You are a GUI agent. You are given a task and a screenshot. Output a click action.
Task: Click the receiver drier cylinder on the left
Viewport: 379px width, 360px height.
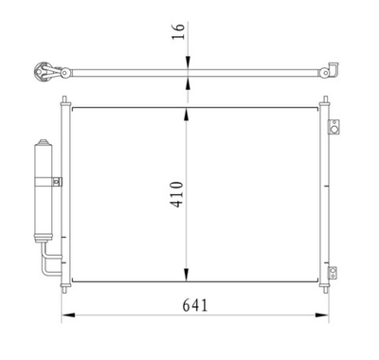42,194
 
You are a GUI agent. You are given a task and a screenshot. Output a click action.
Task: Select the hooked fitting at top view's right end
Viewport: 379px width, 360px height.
332,69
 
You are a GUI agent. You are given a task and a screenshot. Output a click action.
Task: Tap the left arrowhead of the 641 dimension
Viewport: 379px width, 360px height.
67,315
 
